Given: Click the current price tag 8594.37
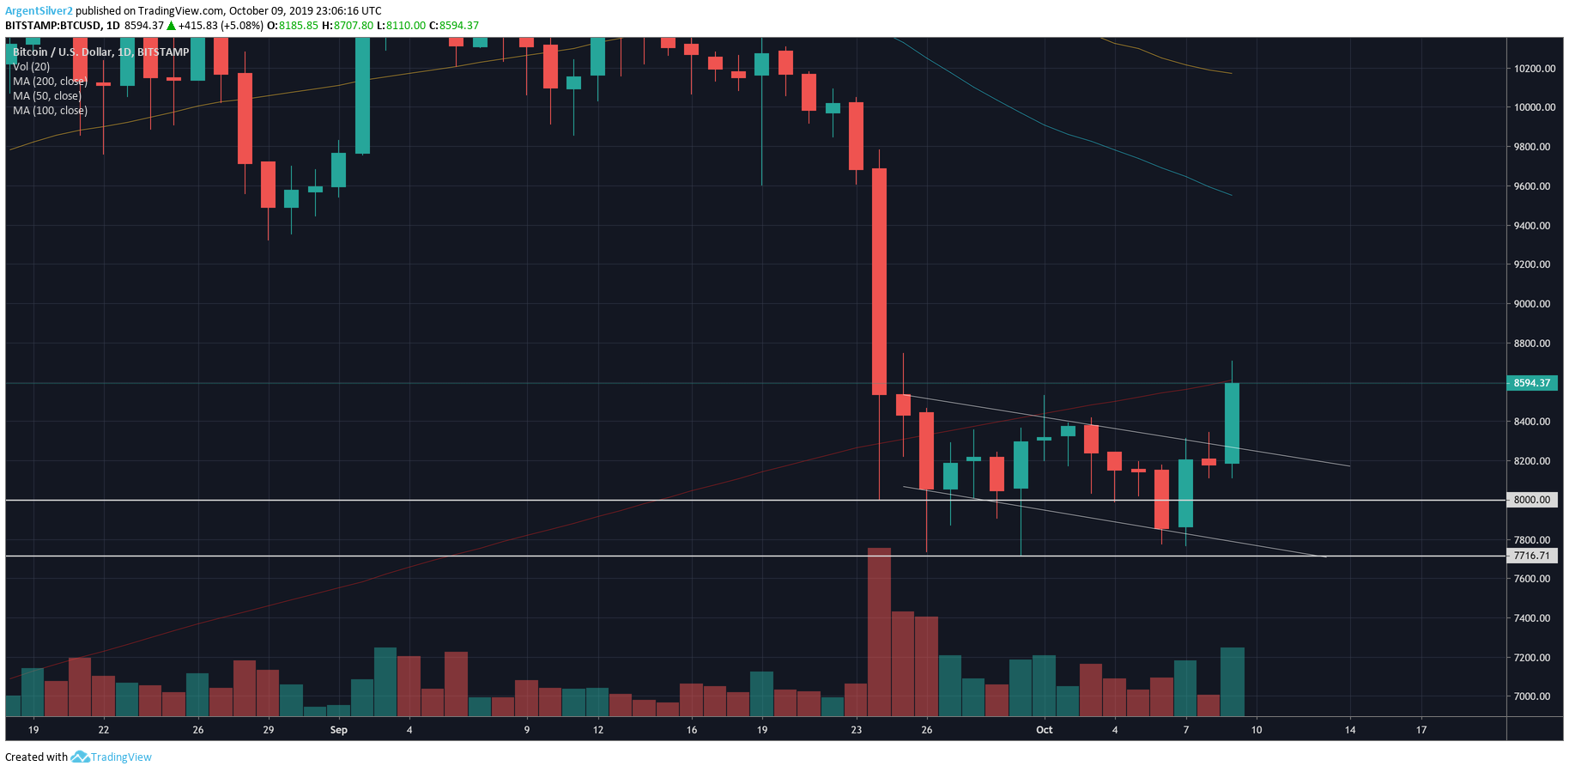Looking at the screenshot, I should [x=1531, y=383].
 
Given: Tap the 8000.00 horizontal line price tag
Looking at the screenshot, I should [x=1531, y=500].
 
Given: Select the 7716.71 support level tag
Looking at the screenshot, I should [x=1531, y=556].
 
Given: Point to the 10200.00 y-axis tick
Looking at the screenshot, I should [x=1534, y=69].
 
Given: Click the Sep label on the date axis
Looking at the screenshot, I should [x=339, y=730].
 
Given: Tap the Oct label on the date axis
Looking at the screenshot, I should [x=1044, y=730].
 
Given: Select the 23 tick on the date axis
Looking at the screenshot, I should [x=856, y=730].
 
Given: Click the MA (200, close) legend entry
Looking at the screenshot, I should [x=50, y=82].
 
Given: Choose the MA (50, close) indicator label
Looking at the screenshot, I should [x=47, y=96].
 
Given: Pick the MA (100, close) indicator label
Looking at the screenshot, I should [x=50, y=111].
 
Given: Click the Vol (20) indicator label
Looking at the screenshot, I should [x=31, y=67].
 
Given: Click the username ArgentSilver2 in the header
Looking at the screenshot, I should [x=39, y=11].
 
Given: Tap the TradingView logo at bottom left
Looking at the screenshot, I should [x=112, y=757].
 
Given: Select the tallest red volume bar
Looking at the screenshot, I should [x=879, y=632].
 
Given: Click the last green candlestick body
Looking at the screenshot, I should [x=1232, y=423].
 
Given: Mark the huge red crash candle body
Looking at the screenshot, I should [x=879, y=282].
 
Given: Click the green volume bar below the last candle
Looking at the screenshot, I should [x=1232, y=682].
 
